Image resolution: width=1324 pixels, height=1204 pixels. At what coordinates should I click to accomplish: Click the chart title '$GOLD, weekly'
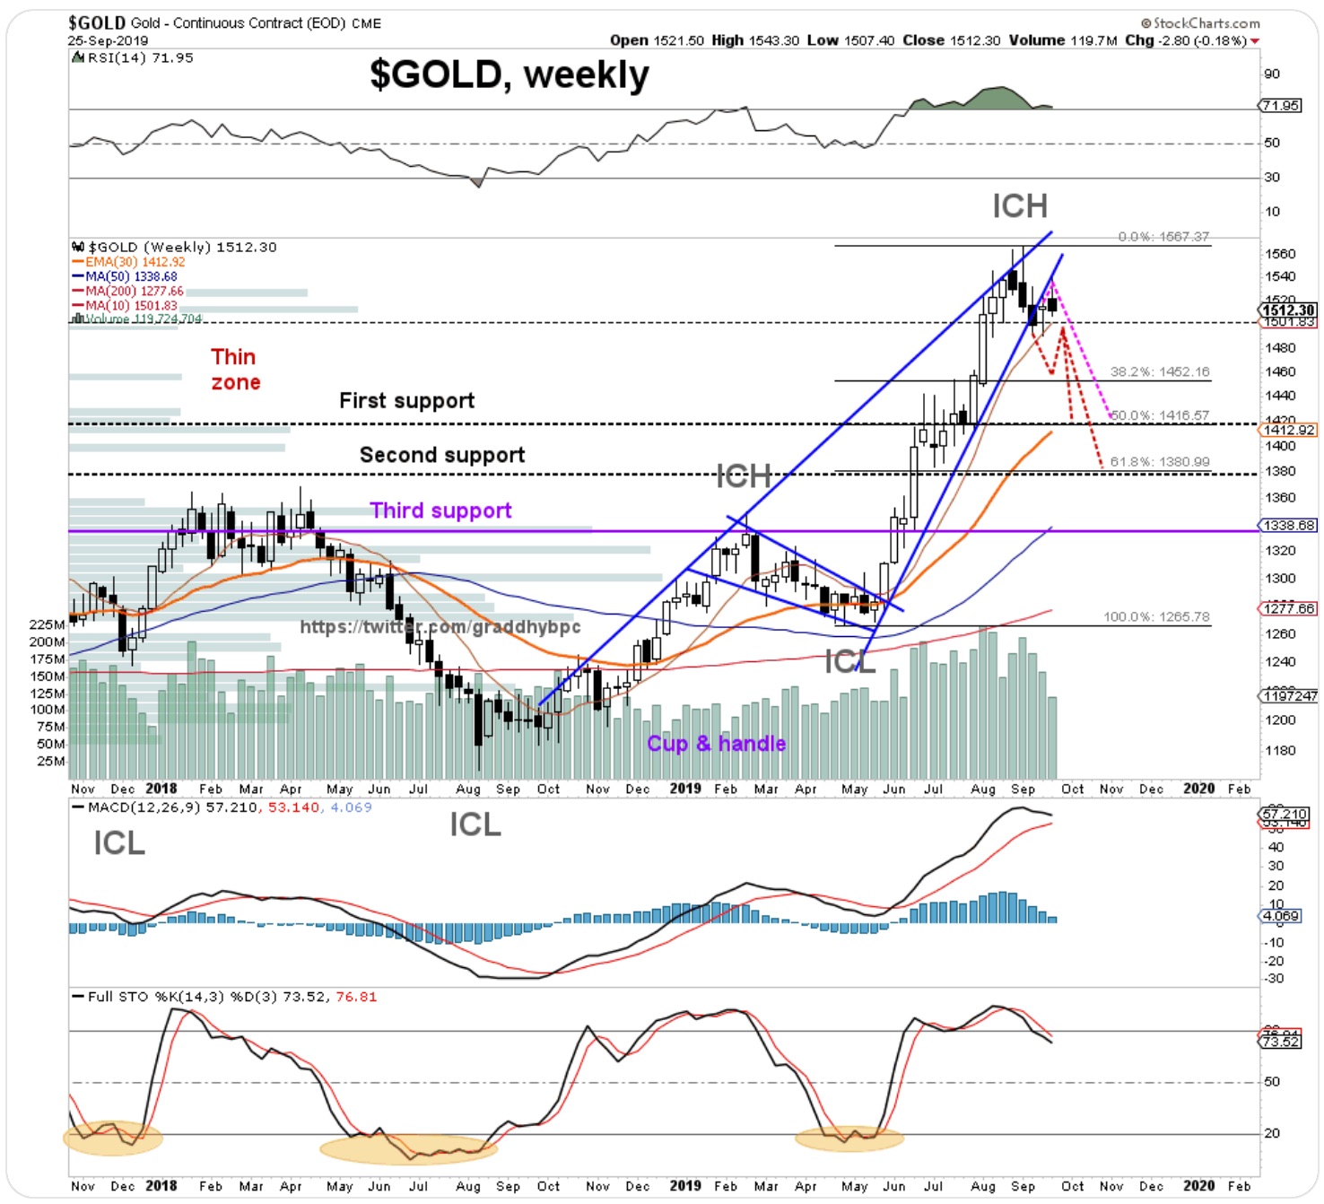point(509,74)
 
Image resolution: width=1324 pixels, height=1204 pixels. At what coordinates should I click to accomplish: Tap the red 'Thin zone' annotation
point(235,370)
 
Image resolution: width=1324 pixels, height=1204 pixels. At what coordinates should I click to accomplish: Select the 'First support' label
point(406,401)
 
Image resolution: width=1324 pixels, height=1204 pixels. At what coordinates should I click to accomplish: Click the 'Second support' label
point(441,455)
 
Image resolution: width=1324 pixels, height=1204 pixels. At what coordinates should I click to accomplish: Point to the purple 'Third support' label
point(440,510)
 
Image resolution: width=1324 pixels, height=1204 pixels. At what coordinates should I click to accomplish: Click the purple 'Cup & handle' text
point(716,744)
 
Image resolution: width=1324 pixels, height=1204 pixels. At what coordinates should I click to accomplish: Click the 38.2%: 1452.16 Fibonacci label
point(1159,371)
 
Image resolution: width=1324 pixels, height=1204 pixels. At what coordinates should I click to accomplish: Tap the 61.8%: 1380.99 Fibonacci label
point(1159,462)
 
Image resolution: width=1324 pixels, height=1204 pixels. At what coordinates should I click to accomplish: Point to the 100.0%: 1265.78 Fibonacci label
point(1155,617)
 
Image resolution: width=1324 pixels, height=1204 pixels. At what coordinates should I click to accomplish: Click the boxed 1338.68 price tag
point(1289,526)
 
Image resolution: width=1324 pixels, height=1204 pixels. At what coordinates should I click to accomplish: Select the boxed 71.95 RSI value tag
point(1280,106)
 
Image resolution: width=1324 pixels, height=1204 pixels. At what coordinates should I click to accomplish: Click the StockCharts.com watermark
point(1200,23)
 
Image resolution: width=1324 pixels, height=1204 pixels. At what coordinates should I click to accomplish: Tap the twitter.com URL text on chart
point(440,627)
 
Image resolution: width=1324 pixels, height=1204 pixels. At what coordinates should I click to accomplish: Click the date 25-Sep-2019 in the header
point(108,40)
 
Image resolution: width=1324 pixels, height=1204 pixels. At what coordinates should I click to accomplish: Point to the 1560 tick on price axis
point(1280,255)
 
